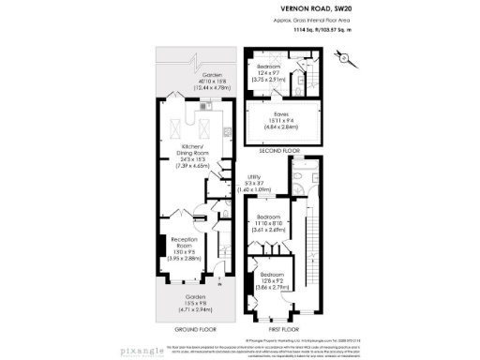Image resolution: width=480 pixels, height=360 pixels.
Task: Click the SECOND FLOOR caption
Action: point(278,149)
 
